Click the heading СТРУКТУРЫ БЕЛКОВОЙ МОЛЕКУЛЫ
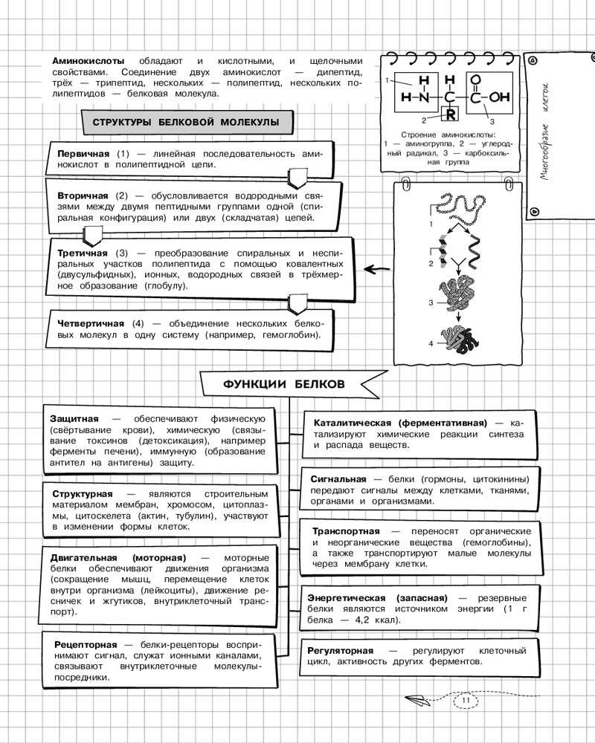click(180, 122)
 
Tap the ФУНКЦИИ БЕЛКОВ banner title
click(284, 384)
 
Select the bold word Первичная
click(83, 152)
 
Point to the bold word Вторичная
click(83, 195)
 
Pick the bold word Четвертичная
click(91, 324)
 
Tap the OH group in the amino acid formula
click(501, 97)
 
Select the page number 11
click(466, 700)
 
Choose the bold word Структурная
click(83, 494)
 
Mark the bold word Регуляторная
click(341, 651)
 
